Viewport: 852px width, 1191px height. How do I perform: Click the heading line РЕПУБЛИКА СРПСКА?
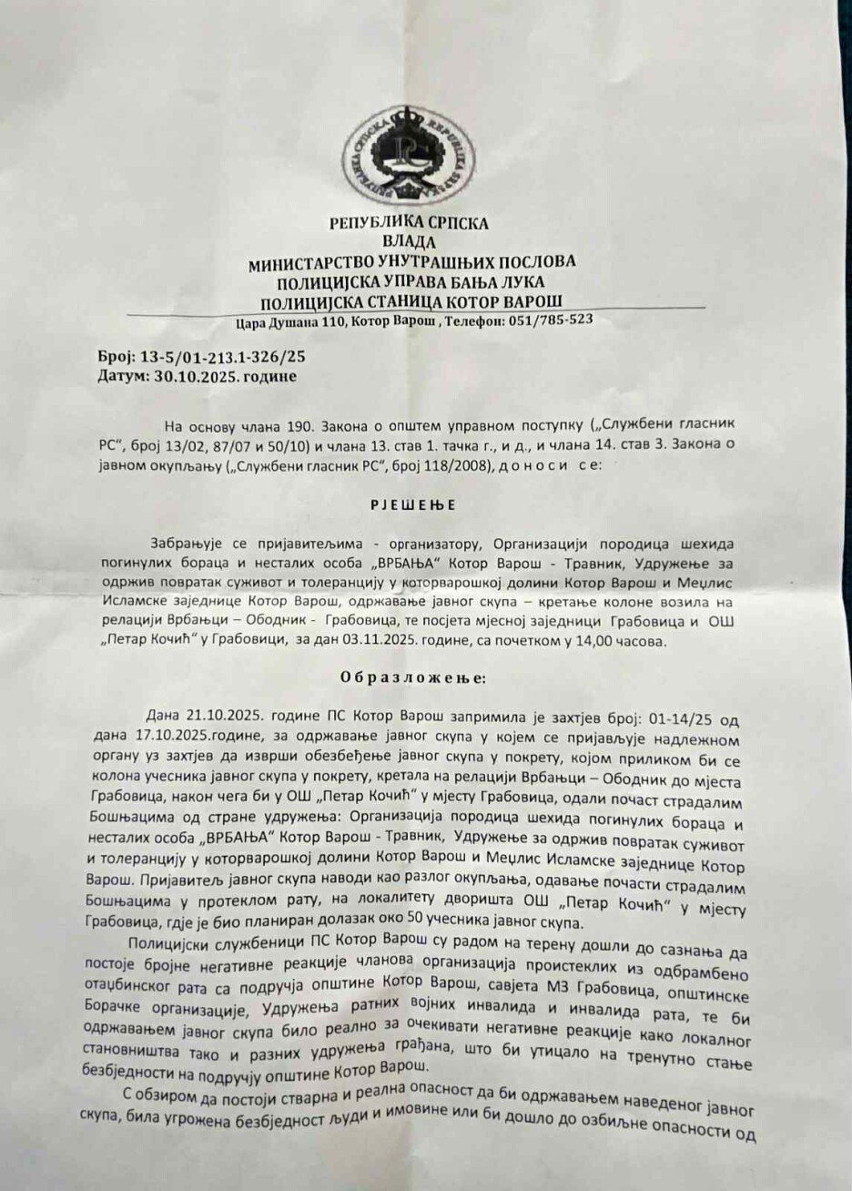coord(411,223)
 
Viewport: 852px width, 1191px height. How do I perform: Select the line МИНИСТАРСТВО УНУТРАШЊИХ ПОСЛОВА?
coord(411,262)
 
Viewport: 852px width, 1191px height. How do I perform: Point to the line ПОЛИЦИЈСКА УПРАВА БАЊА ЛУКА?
coord(411,281)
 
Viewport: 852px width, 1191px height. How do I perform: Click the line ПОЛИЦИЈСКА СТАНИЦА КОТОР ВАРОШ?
coord(411,301)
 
